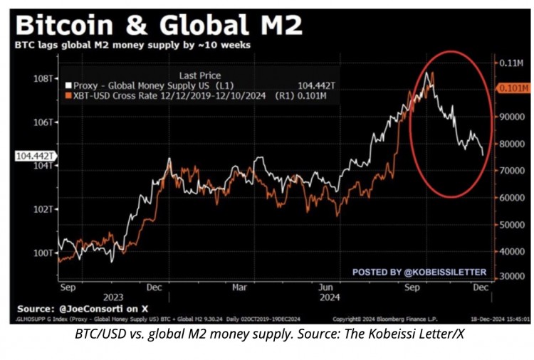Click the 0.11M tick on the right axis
click(510, 63)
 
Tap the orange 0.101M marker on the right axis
click(511, 89)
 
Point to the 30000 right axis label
click(509, 276)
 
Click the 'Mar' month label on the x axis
click(240, 287)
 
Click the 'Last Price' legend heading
click(200, 75)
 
